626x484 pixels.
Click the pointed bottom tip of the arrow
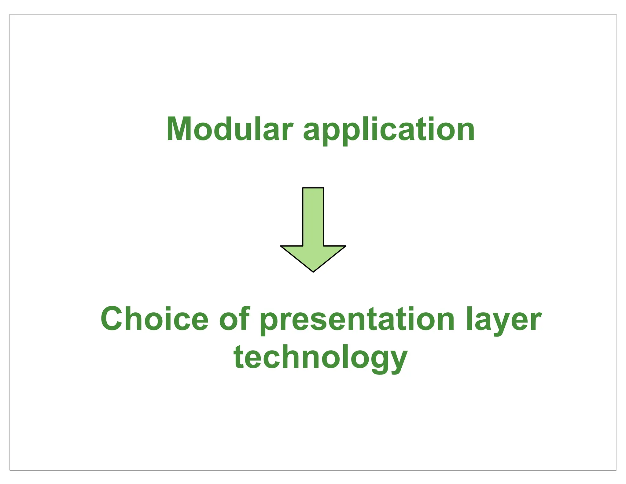(x=313, y=271)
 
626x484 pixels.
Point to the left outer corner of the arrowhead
(x=281, y=246)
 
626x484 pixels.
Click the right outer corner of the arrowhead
(x=345, y=246)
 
